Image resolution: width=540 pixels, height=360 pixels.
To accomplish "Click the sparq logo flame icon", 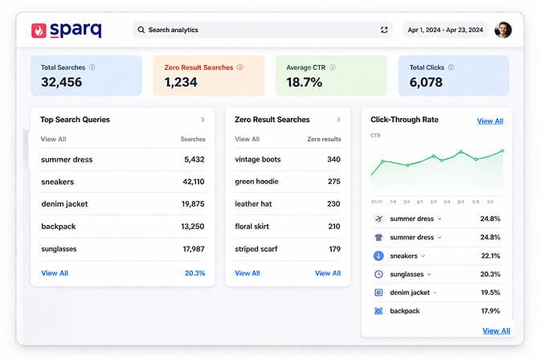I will click(x=39, y=30).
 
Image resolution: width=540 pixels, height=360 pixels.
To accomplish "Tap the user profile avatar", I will click(x=503, y=30).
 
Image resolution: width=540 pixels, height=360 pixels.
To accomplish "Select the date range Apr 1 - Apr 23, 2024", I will click(x=445, y=30).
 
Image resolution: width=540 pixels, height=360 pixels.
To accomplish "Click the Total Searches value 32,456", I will click(x=61, y=82).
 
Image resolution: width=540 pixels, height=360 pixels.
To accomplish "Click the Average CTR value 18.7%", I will click(x=305, y=82).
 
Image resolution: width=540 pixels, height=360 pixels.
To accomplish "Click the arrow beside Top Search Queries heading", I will click(x=202, y=120).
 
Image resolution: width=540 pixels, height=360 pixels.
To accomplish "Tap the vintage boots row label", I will click(x=257, y=159).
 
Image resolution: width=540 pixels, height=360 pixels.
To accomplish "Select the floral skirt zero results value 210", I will click(x=333, y=227).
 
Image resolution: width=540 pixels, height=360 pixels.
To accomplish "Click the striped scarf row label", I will click(x=257, y=249).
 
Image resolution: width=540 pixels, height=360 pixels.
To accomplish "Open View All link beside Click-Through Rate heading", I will click(x=490, y=121).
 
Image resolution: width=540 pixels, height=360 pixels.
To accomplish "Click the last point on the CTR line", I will click(x=502, y=150).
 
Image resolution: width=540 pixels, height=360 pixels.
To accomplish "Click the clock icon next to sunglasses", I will click(x=378, y=274).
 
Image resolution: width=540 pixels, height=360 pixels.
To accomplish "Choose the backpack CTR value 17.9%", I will click(x=489, y=311).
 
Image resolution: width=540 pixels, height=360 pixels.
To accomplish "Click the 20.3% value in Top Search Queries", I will click(x=194, y=273).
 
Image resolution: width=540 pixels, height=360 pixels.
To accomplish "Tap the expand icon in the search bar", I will click(x=384, y=30).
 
